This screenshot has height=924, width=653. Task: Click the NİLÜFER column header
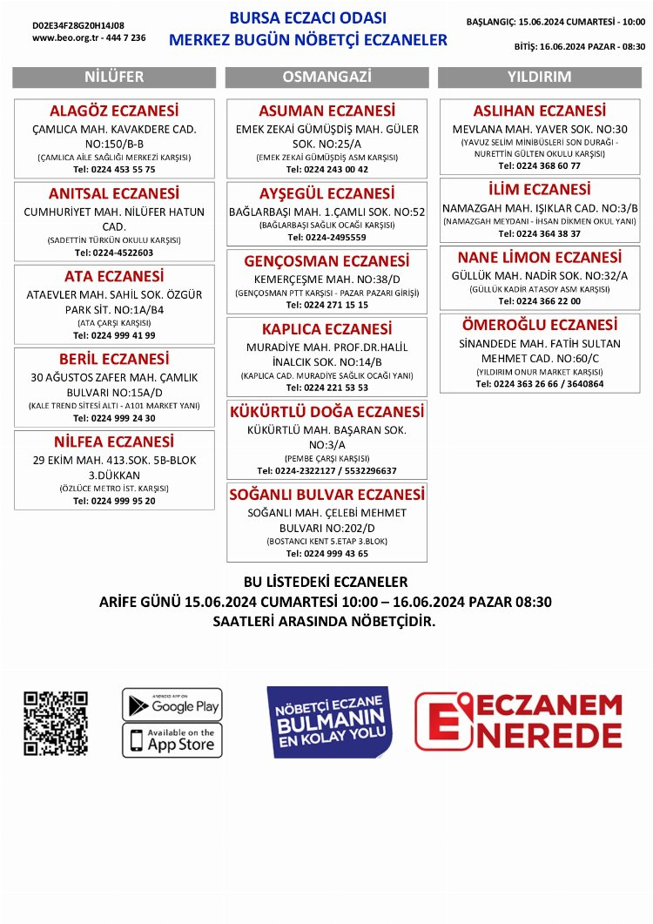click(114, 77)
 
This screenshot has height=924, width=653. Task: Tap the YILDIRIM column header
click(539, 77)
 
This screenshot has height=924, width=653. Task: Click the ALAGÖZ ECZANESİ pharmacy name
click(114, 111)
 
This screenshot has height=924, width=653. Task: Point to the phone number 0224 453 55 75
click(114, 169)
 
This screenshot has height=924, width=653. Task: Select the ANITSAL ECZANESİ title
click(114, 194)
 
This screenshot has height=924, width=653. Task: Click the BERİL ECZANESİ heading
click(114, 360)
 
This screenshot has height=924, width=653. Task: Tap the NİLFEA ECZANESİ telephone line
click(114, 501)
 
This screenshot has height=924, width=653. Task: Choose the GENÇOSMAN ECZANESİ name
click(326, 261)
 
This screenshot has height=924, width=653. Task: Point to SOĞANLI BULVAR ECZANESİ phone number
click(326, 554)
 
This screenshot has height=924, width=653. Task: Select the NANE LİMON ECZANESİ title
click(539, 258)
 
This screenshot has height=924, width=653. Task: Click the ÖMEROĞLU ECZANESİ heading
click(539, 325)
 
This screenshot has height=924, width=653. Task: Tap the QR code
click(56, 723)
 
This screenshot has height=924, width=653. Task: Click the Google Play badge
click(172, 705)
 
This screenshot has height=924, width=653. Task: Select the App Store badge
click(172, 740)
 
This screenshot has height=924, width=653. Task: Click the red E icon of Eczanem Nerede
click(442, 722)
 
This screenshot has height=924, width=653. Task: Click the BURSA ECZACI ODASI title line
click(307, 18)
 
